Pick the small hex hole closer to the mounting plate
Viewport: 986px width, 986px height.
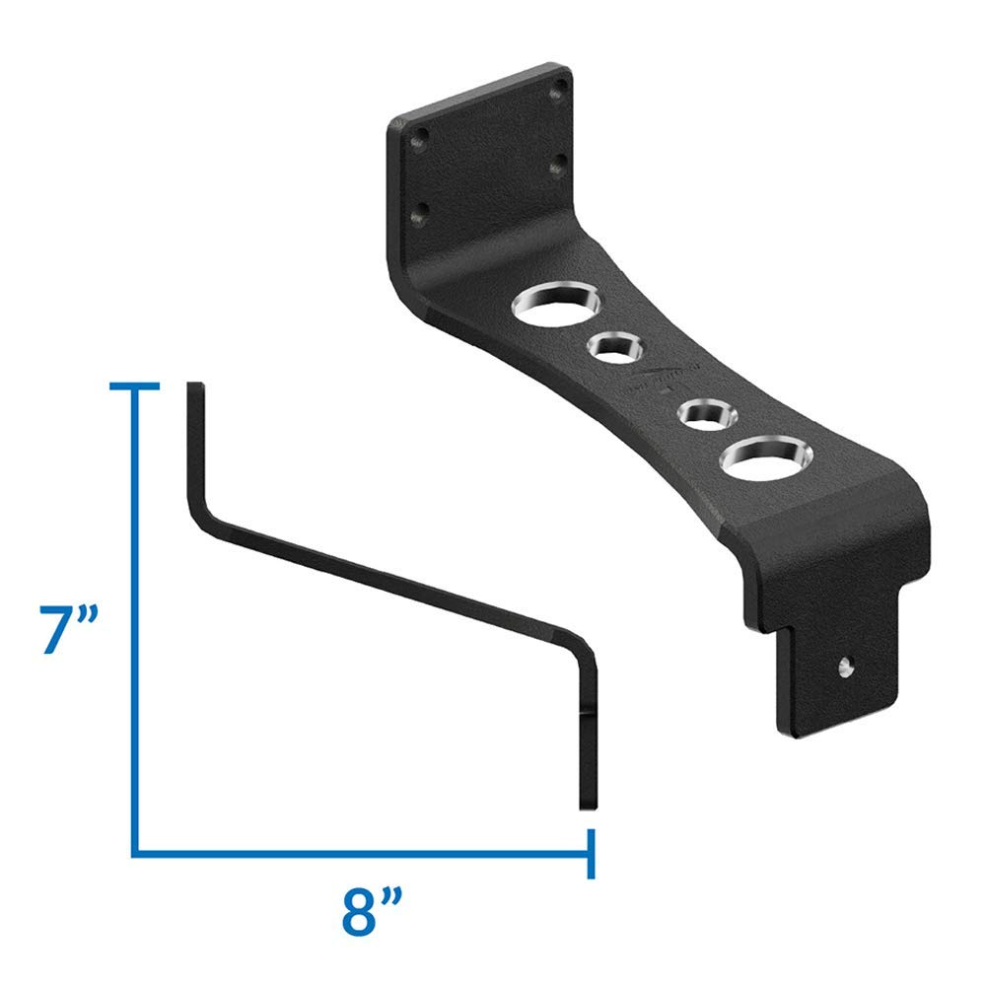614,347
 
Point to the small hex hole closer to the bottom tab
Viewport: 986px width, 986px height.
702,411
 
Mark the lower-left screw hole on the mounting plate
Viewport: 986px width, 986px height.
422,209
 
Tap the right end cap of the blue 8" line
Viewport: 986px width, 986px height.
590,850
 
